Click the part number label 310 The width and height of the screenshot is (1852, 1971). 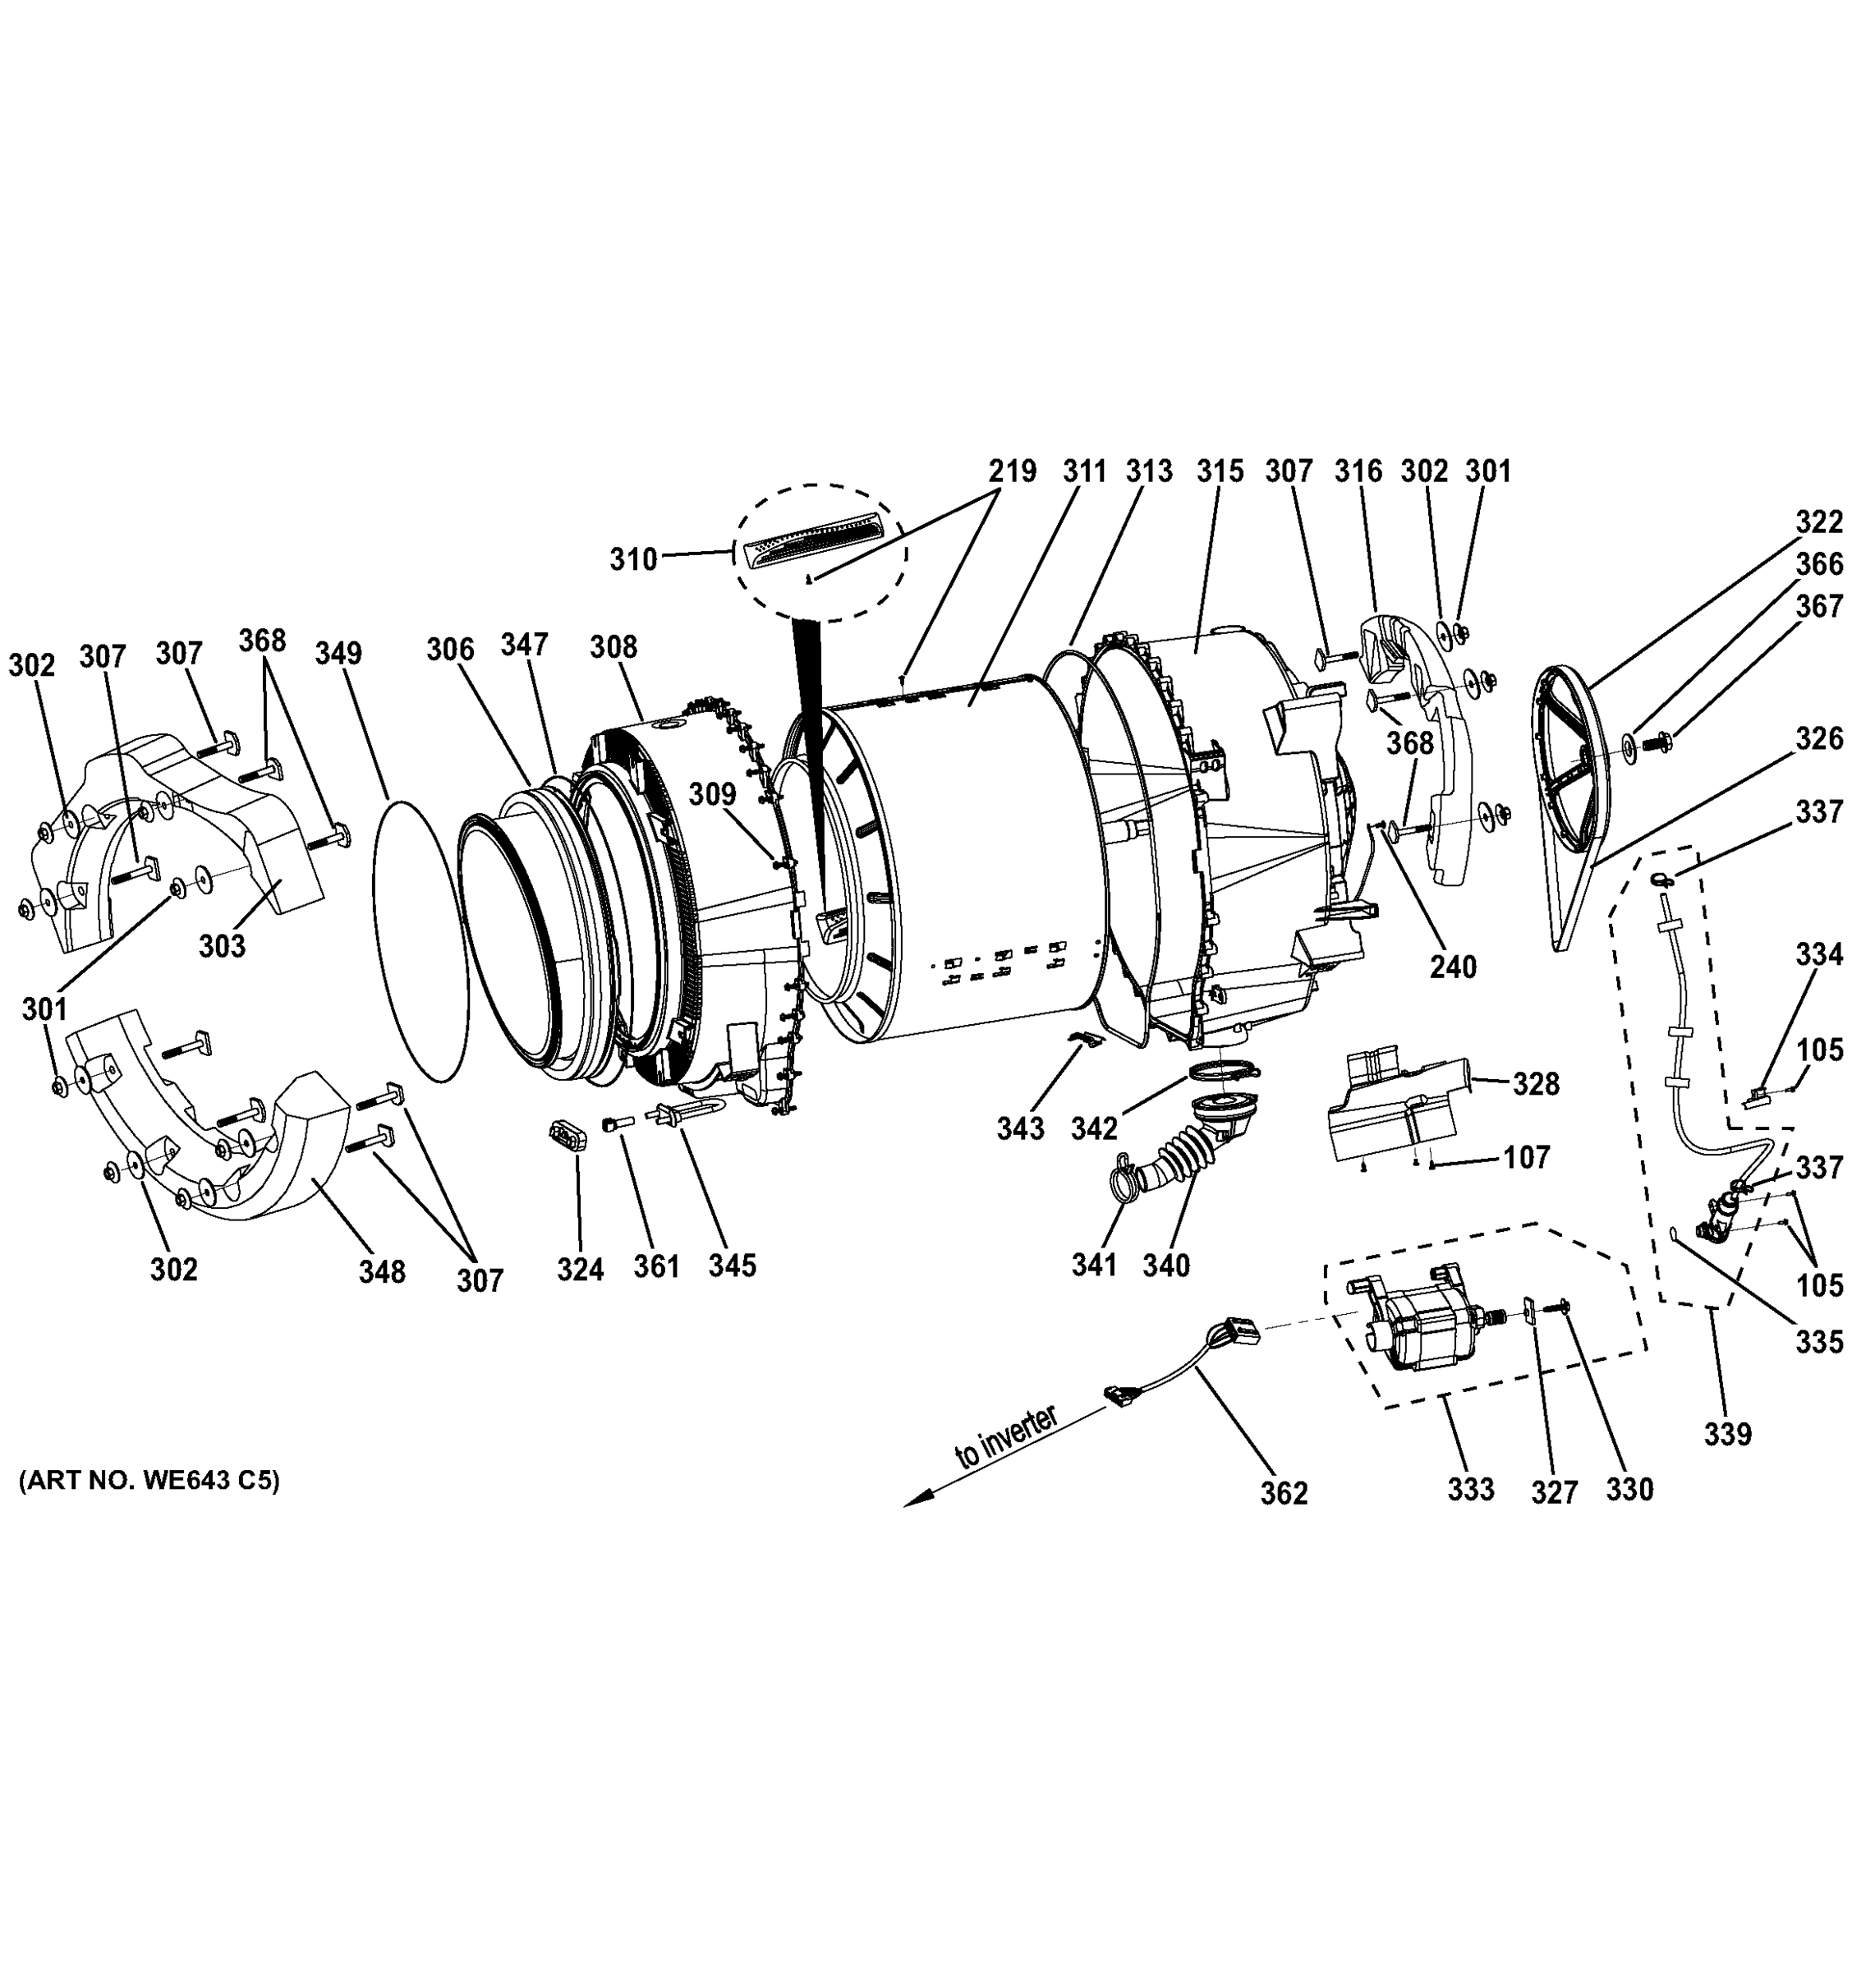point(632,559)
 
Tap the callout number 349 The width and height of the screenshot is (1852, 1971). point(339,654)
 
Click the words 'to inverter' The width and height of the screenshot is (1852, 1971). point(1004,1439)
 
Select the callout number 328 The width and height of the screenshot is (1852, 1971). point(1536,1085)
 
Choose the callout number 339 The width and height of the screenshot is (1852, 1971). point(1727,1435)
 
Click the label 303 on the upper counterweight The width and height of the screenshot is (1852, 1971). point(221,946)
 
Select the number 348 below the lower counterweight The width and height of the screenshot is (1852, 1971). point(382,1271)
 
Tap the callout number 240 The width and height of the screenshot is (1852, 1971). point(1453,966)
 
